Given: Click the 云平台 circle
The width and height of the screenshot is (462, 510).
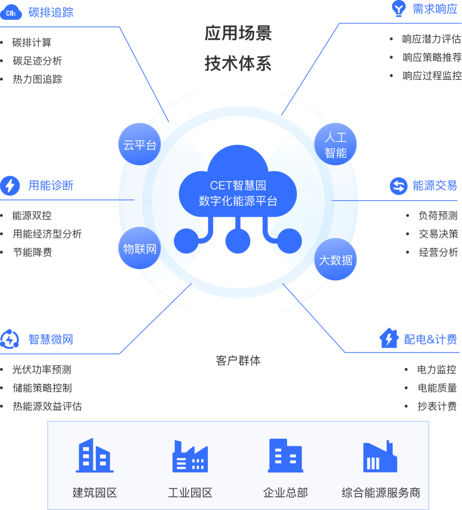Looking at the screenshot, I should coord(139,144).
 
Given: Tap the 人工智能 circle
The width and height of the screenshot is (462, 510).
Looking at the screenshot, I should coord(335,144).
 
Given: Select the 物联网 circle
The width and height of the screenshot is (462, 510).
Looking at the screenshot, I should coord(139,248).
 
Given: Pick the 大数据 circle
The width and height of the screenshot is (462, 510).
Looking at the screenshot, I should coord(335,259).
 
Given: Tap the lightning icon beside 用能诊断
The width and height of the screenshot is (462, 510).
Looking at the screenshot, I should coord(10,186).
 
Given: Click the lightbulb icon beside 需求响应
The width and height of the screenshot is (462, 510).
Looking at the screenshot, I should coord(399,9).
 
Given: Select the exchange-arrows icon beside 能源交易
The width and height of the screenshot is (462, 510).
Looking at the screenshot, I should coord(398,186).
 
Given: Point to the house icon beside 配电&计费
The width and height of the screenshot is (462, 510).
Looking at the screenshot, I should coord(388,339).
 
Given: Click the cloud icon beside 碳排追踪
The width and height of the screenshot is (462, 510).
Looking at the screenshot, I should coord(11,12).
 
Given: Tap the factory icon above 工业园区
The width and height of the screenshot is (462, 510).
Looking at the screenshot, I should coord(190,456).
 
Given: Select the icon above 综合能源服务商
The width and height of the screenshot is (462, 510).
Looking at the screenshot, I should coord(380,457).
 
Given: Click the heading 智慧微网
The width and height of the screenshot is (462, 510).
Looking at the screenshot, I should coord(50,339).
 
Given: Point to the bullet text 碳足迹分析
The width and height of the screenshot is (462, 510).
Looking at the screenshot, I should coord(37,61).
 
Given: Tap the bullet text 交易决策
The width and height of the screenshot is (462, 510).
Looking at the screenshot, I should coord(438,234).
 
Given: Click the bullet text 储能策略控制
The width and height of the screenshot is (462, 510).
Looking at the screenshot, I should coord(42,388).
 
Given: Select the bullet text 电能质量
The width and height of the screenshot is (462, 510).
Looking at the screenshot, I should coord(437,388).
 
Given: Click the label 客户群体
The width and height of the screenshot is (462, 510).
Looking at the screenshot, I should coord(238,361).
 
